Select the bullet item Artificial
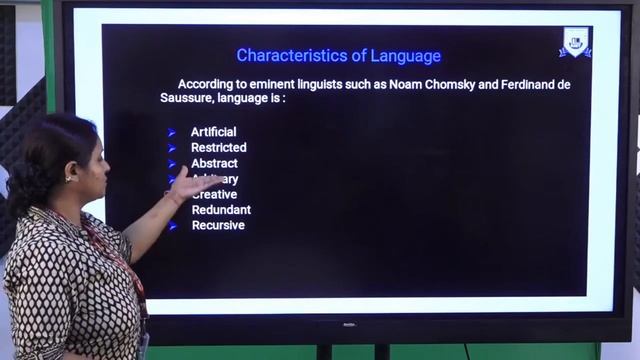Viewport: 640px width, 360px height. coord(213,132)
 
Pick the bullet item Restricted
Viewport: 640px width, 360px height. coord(218,147)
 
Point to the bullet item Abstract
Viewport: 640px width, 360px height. coord(214,163)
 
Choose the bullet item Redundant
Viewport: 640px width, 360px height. coord(221,210)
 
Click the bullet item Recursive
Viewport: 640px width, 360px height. coord(218,225)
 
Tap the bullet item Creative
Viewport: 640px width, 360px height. coord(216,194)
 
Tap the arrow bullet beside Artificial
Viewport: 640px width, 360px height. coord(172,132)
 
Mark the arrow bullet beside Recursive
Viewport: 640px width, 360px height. coord(172,226)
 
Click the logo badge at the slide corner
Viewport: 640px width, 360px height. coord(575,42)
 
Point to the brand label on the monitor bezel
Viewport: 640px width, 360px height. coord(350,324)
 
